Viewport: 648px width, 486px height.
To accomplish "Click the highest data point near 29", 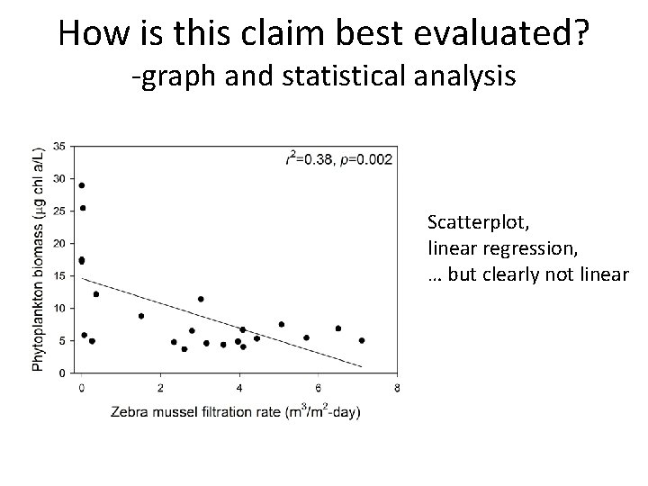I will (82, 185).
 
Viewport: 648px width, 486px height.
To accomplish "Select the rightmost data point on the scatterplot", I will (362, 340).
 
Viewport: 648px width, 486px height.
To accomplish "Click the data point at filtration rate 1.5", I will (141, 316).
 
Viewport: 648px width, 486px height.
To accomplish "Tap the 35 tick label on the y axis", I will (58, 146).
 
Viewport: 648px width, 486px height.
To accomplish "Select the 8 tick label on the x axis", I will (397, 388).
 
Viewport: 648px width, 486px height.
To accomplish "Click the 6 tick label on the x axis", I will (318, 388).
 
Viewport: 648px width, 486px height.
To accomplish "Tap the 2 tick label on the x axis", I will (160, 388).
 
